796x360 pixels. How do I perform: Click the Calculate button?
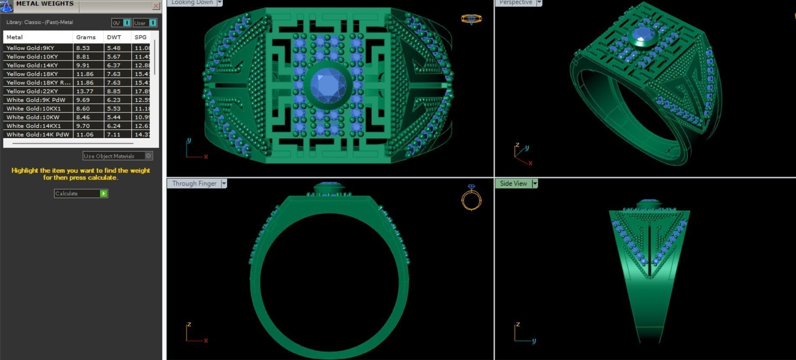point(80,193)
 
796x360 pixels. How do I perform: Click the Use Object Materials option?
point(117,156)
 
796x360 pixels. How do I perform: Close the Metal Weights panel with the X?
point(156,6)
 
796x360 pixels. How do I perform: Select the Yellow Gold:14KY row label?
point(32,65)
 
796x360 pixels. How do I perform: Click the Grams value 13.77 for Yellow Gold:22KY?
point(85,91)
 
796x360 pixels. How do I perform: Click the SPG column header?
point(141,37)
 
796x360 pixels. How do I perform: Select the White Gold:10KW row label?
point(33,117)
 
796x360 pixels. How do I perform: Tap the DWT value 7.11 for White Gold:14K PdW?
point(114,135)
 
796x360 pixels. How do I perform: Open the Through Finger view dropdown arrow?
point(224,183)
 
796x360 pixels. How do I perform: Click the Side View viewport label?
point(513,183)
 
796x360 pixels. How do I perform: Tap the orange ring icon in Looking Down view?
point(471,19)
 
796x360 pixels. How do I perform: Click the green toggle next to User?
point(152,23)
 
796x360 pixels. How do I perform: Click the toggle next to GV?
point(126,23)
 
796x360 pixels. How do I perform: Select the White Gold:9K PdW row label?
point(36,100)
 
